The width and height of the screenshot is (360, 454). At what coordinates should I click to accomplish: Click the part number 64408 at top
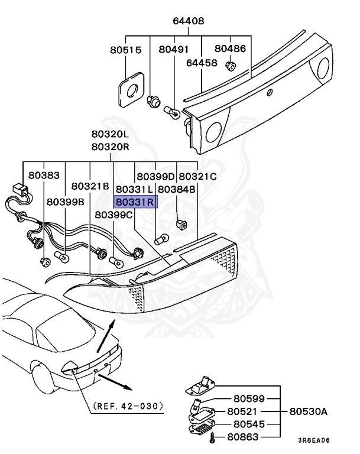[189, 21]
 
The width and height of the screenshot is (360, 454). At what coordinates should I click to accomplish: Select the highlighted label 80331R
[135, 202]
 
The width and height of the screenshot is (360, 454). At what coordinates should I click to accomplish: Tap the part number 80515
[125, 50]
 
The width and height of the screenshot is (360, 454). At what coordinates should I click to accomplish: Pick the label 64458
[202, 62]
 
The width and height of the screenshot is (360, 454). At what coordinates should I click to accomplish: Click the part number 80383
[44, 176]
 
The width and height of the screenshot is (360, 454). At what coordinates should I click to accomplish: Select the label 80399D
[155, 176]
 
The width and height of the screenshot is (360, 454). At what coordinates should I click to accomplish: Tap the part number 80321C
[197, 176]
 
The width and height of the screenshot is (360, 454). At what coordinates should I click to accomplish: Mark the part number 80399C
[114, 215]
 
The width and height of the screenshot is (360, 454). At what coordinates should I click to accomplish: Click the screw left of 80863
[213, 437]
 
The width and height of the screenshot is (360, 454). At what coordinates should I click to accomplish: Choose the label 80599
[249, 398]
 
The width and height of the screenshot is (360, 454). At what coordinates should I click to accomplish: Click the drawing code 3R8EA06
[313, 440]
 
